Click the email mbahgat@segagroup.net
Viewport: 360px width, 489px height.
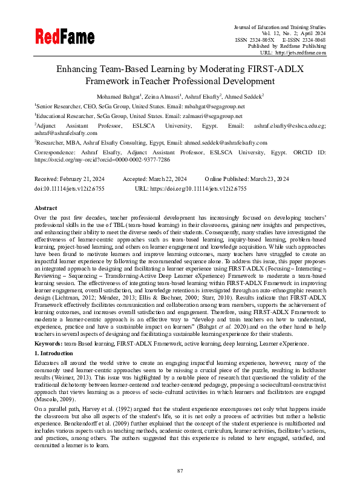[199, 106]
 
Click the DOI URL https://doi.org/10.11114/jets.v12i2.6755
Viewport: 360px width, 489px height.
[200, 189]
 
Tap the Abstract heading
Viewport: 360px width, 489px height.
[45, 208]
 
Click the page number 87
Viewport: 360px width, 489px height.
[180, 470]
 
